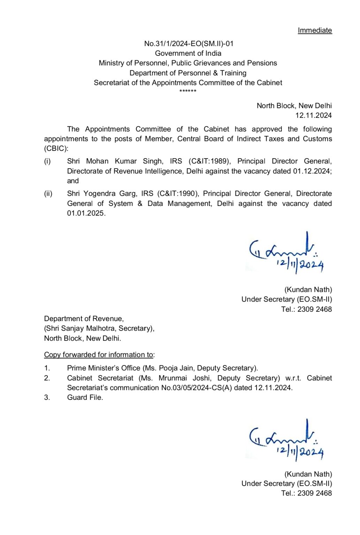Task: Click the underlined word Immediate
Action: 314,30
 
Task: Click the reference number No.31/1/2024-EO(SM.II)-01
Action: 189,44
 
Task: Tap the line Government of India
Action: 188,53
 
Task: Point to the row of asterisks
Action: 188,91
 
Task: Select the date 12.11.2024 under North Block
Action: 313,115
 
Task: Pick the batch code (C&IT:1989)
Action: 209,161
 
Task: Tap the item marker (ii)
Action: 48,194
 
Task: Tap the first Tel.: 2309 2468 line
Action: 306,309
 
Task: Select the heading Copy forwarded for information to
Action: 99,355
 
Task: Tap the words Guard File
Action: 85,397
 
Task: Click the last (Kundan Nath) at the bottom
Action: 308,474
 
